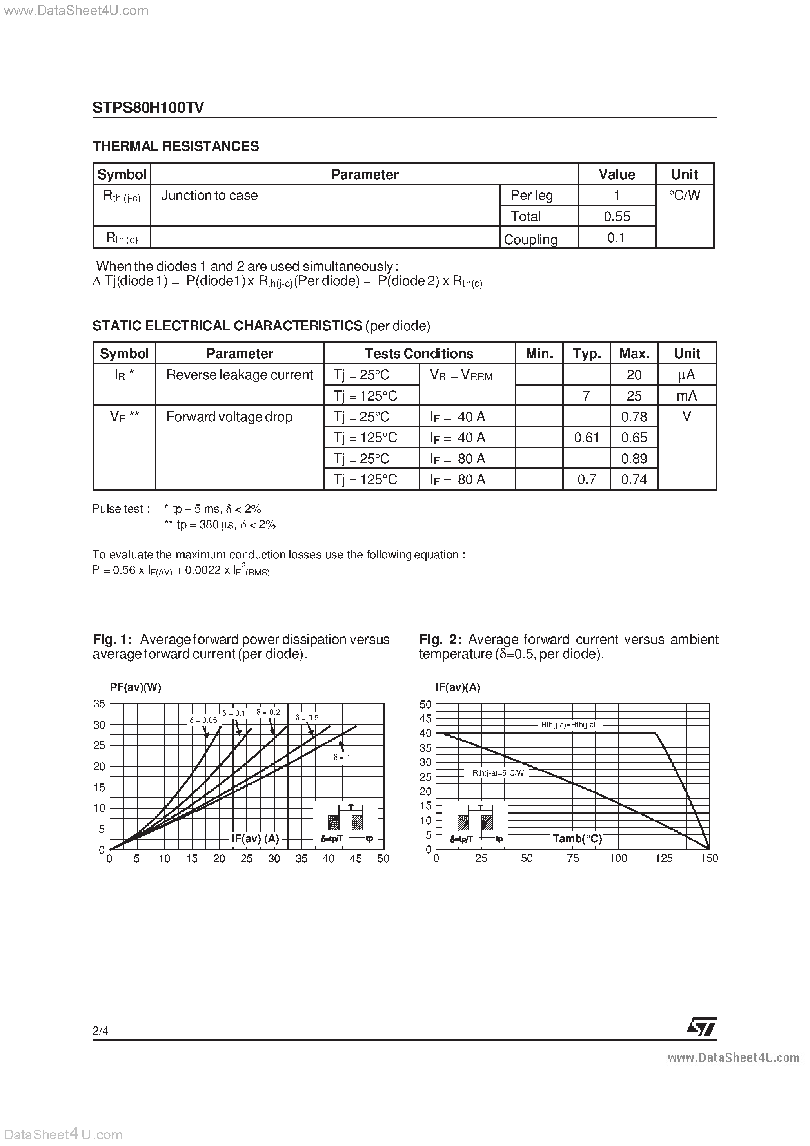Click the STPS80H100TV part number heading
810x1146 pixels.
pyautogui.click(x=148, y=108)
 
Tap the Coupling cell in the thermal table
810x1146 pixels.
pyautogui.click(x=530, y=239)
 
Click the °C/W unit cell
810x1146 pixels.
pyautogui.click(x=684, y=196)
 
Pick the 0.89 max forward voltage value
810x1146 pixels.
pyautogui.click(x=634, y=459)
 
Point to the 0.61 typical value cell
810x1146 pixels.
pyautogui.click(x=586, y=438)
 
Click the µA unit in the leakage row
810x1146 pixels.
pyautogui.click(x=686, y=375)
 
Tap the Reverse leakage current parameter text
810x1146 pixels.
pyautogui.click(x=239, y=375)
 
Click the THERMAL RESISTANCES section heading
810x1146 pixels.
pyautogui.click(x=176, y=146)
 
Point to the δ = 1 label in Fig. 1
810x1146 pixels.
pyautogui.click(x=342, y=757)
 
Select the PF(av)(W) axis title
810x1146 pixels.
pyautogui.click(x=135, y=687)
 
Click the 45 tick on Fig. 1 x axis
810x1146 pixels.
pyautogui.click(x=356, y=858)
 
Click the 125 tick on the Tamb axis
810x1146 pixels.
pyautogui.click(x=663, y=858)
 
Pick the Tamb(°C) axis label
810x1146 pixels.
pyautogui.click(x=577, y=839)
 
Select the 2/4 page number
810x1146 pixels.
pyautogui.click(x=100, y=1031)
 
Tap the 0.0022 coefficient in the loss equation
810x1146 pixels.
pyautogui.click(x=203, y=570)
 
